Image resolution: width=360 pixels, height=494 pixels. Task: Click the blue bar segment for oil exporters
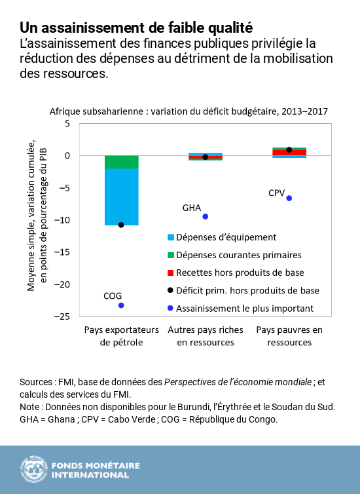121,197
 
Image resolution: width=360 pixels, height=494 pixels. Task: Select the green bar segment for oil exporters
121,162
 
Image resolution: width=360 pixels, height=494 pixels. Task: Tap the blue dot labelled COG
121,305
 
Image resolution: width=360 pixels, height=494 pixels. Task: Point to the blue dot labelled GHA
206,216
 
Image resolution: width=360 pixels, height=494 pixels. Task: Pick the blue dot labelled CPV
289,198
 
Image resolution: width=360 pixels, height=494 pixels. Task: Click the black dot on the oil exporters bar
121,225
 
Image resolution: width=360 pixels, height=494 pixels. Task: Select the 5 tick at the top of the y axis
66,123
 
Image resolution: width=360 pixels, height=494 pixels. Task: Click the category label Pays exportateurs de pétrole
121,335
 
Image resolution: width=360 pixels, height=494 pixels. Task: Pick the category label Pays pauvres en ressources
289,335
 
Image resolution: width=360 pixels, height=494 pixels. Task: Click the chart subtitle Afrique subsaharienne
189,111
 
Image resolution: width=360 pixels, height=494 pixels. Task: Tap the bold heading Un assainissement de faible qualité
135,28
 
